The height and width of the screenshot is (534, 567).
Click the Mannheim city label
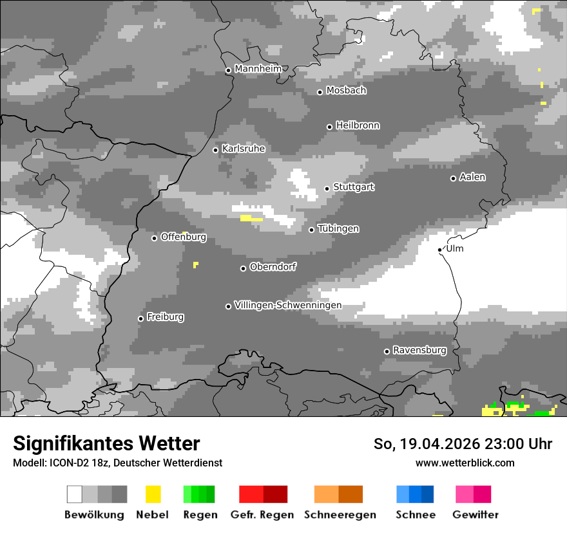258,69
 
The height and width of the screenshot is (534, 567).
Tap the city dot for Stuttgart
327,189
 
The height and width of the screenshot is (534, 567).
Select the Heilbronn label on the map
358,125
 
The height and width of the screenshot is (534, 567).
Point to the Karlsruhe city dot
215,150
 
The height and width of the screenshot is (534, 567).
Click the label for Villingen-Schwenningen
288,305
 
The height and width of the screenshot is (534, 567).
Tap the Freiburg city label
165,317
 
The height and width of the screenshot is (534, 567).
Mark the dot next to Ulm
439,250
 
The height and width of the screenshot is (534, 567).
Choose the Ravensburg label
419,350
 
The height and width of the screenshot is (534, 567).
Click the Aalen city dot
453,178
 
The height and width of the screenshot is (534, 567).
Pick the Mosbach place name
346,91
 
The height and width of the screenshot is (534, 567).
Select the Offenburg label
183,237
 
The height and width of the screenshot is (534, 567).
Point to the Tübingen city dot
311,230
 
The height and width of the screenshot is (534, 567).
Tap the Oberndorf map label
273,266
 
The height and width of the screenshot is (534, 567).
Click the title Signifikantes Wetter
106,443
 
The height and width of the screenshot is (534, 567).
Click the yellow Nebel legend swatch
153,494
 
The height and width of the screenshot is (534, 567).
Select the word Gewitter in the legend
476,515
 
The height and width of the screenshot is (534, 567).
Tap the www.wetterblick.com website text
465,463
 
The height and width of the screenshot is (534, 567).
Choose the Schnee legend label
416,515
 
